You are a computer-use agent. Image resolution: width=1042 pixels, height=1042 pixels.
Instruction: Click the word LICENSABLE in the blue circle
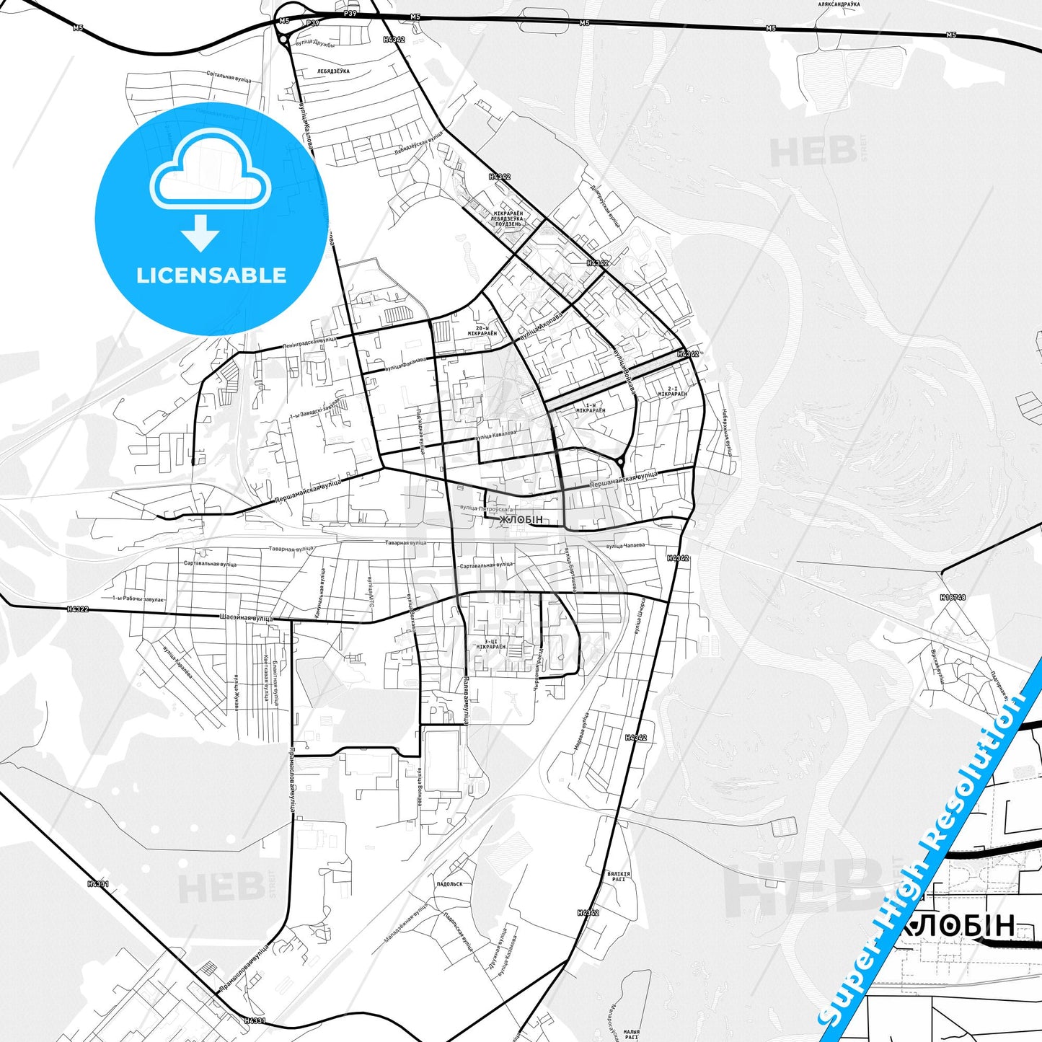point(211,275)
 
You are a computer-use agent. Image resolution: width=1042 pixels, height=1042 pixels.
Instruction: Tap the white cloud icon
point(210,176)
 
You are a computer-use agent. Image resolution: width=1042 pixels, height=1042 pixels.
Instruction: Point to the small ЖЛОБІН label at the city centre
point(521,520)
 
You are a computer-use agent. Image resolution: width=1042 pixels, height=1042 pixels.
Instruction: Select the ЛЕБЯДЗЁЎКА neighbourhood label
point(332,71)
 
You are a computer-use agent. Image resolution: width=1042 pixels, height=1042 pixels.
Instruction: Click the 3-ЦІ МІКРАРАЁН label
point(490,644)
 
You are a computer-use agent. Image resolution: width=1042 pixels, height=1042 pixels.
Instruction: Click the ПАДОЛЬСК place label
point(449,883)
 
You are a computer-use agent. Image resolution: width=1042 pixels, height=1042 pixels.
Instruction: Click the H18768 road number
point(953,597)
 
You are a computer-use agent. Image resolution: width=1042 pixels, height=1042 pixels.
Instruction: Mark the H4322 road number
point(77,609)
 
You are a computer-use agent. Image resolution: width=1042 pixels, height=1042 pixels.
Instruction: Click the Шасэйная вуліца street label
point(246,618)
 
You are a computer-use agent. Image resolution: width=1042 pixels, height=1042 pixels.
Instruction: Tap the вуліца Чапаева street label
point(624,546)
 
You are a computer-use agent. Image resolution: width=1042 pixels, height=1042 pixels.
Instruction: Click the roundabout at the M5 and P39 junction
point(283,39)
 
